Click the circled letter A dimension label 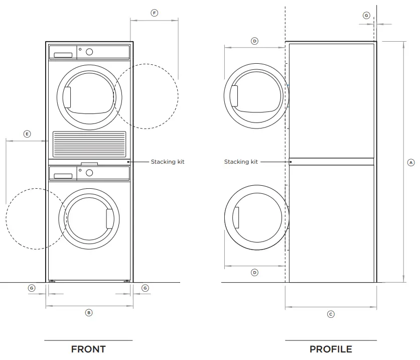(410, 163)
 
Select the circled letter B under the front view (89, 312)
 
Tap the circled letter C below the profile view (331, 314)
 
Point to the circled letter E (27, 134)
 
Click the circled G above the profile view (366, 16)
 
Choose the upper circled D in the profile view (254, 41)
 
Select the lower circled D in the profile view (254, 273)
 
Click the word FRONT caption (88, 349)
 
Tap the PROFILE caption (331, 349)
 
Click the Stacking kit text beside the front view (168, 162)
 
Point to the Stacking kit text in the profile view (241, 162)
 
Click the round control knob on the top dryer (89, 52)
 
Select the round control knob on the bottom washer (89, 173)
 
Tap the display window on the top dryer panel (63, 54)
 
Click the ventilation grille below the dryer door (89, 145)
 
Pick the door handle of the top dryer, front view (67, 96)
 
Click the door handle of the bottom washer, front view (109, 217)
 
